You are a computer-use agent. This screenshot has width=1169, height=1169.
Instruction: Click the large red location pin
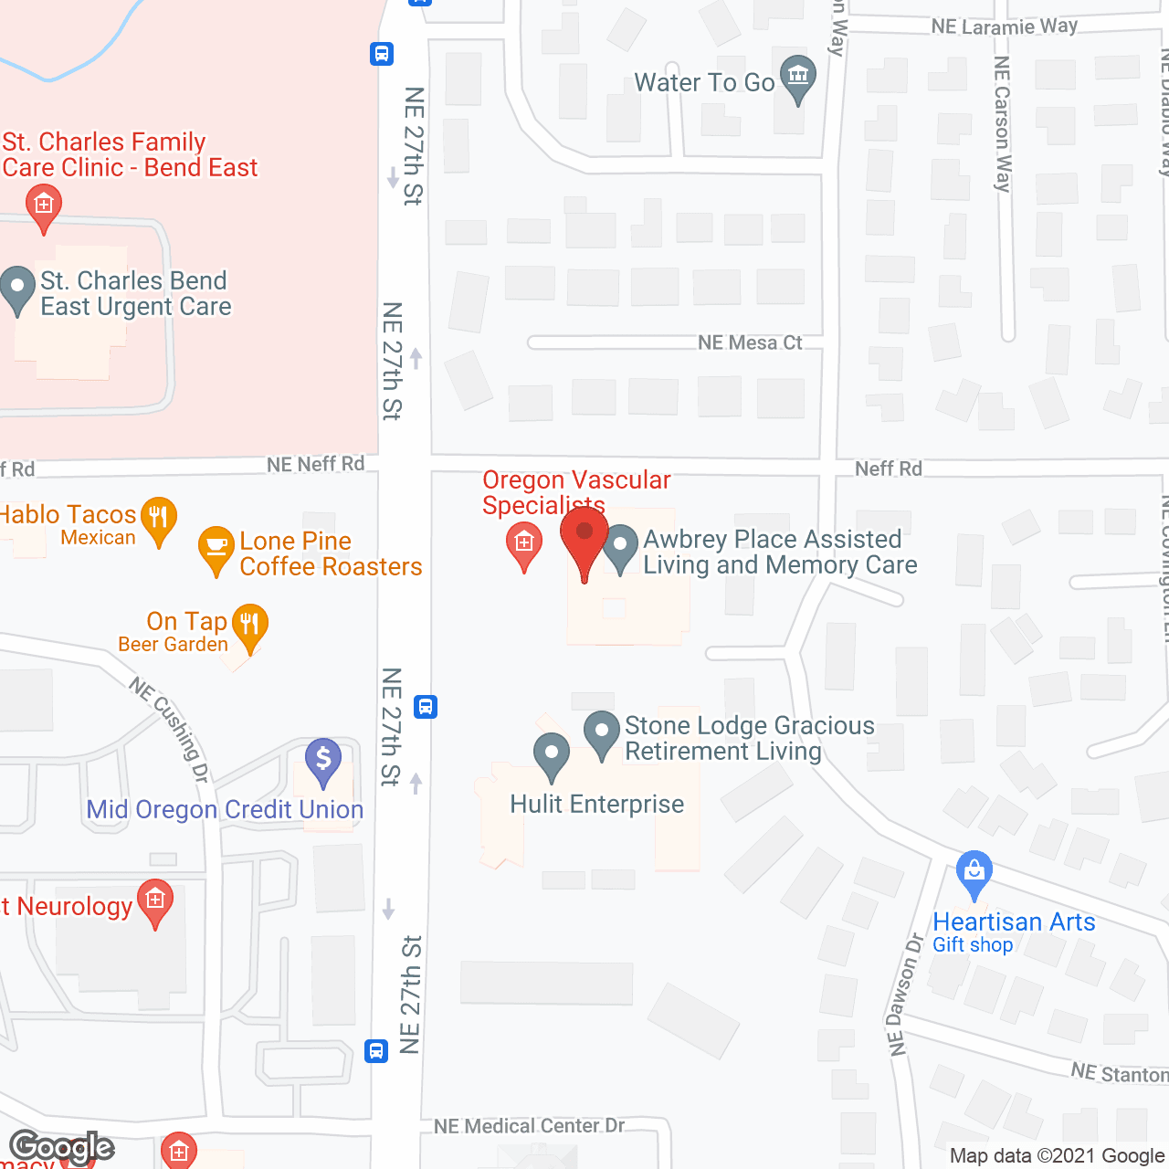point(584,533)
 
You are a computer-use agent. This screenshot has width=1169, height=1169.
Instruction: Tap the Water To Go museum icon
point(798,77)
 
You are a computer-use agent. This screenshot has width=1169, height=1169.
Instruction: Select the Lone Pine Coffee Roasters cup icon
point(216,547)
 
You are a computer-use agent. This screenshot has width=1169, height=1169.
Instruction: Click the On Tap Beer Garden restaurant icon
point(249,625)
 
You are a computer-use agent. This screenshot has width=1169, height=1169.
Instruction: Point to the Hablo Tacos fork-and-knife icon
point(159,518)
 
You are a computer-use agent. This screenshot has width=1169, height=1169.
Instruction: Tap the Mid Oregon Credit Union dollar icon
point(323,759)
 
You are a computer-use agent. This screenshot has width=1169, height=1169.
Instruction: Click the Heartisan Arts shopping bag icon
point(974,871)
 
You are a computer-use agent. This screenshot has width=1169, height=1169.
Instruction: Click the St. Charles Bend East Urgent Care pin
point(17,287)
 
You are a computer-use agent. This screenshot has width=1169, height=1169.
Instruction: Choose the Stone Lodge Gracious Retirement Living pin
point(602,732)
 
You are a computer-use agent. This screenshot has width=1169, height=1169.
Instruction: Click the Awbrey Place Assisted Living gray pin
point(621,546)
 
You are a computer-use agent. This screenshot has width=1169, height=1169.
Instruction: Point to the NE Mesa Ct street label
point(750,342)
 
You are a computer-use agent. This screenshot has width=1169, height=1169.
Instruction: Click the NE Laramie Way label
point(1005,26)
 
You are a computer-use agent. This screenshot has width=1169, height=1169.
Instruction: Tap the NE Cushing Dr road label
point(170,730)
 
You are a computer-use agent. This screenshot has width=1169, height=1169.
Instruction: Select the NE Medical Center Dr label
point(529,1126)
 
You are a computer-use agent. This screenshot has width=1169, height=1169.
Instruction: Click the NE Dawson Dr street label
point(902,995)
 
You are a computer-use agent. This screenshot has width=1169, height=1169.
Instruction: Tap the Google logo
point(61,1147)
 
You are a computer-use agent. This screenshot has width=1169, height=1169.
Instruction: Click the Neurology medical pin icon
point(155,901)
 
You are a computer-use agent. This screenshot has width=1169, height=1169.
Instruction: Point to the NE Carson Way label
point(1003,123)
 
